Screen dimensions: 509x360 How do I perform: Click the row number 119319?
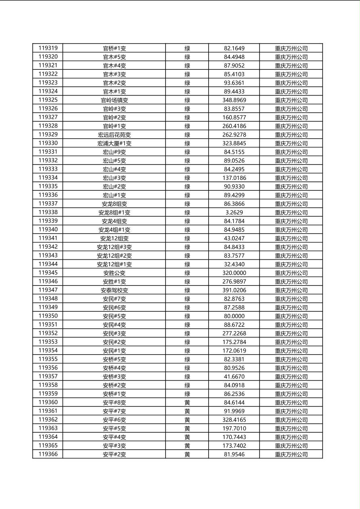point(48,48)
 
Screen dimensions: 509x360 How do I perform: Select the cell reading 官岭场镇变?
point(114,100)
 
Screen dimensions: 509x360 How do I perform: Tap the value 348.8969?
point(234,100)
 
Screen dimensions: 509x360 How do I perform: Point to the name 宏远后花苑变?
point(114,135)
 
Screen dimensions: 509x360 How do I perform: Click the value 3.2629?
point(234,213)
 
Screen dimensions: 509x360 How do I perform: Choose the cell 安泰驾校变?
point(114,290)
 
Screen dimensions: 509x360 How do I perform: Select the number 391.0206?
point(234,290)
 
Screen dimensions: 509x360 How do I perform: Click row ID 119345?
point(48,273)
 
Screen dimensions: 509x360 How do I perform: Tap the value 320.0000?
point(234,273)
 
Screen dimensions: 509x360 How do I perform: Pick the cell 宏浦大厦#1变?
point(114,143)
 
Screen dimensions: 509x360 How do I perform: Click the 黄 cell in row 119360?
point(187,403)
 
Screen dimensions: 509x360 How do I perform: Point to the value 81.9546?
point(234,455)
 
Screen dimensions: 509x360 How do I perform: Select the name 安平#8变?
point(114,403)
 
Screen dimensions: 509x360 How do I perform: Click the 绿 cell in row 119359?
point(187,394)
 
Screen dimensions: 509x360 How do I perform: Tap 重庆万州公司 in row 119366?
point(291,455)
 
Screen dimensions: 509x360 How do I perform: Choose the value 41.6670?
point(234,377)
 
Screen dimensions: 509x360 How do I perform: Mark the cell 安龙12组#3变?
point(114,247)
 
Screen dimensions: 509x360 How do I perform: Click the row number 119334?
point(48,178)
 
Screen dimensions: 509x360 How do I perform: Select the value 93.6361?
point(234,83)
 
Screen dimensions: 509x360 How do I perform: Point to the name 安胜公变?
point(114,273)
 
